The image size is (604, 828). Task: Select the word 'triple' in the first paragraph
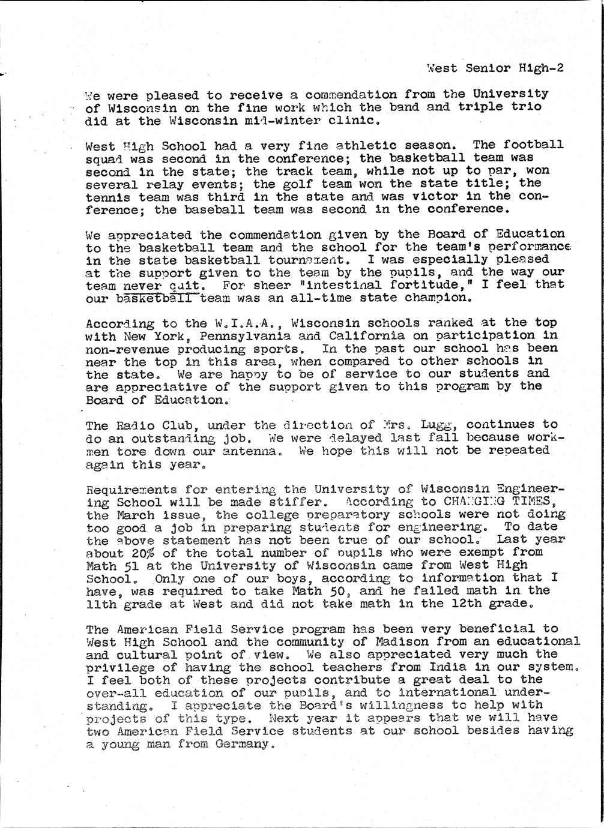(x=478, y=107)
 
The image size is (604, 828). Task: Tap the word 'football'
(x=533, y=145)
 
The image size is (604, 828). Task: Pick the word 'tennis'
(x=105, y=196)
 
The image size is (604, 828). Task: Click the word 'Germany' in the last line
(x=244, y=744)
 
